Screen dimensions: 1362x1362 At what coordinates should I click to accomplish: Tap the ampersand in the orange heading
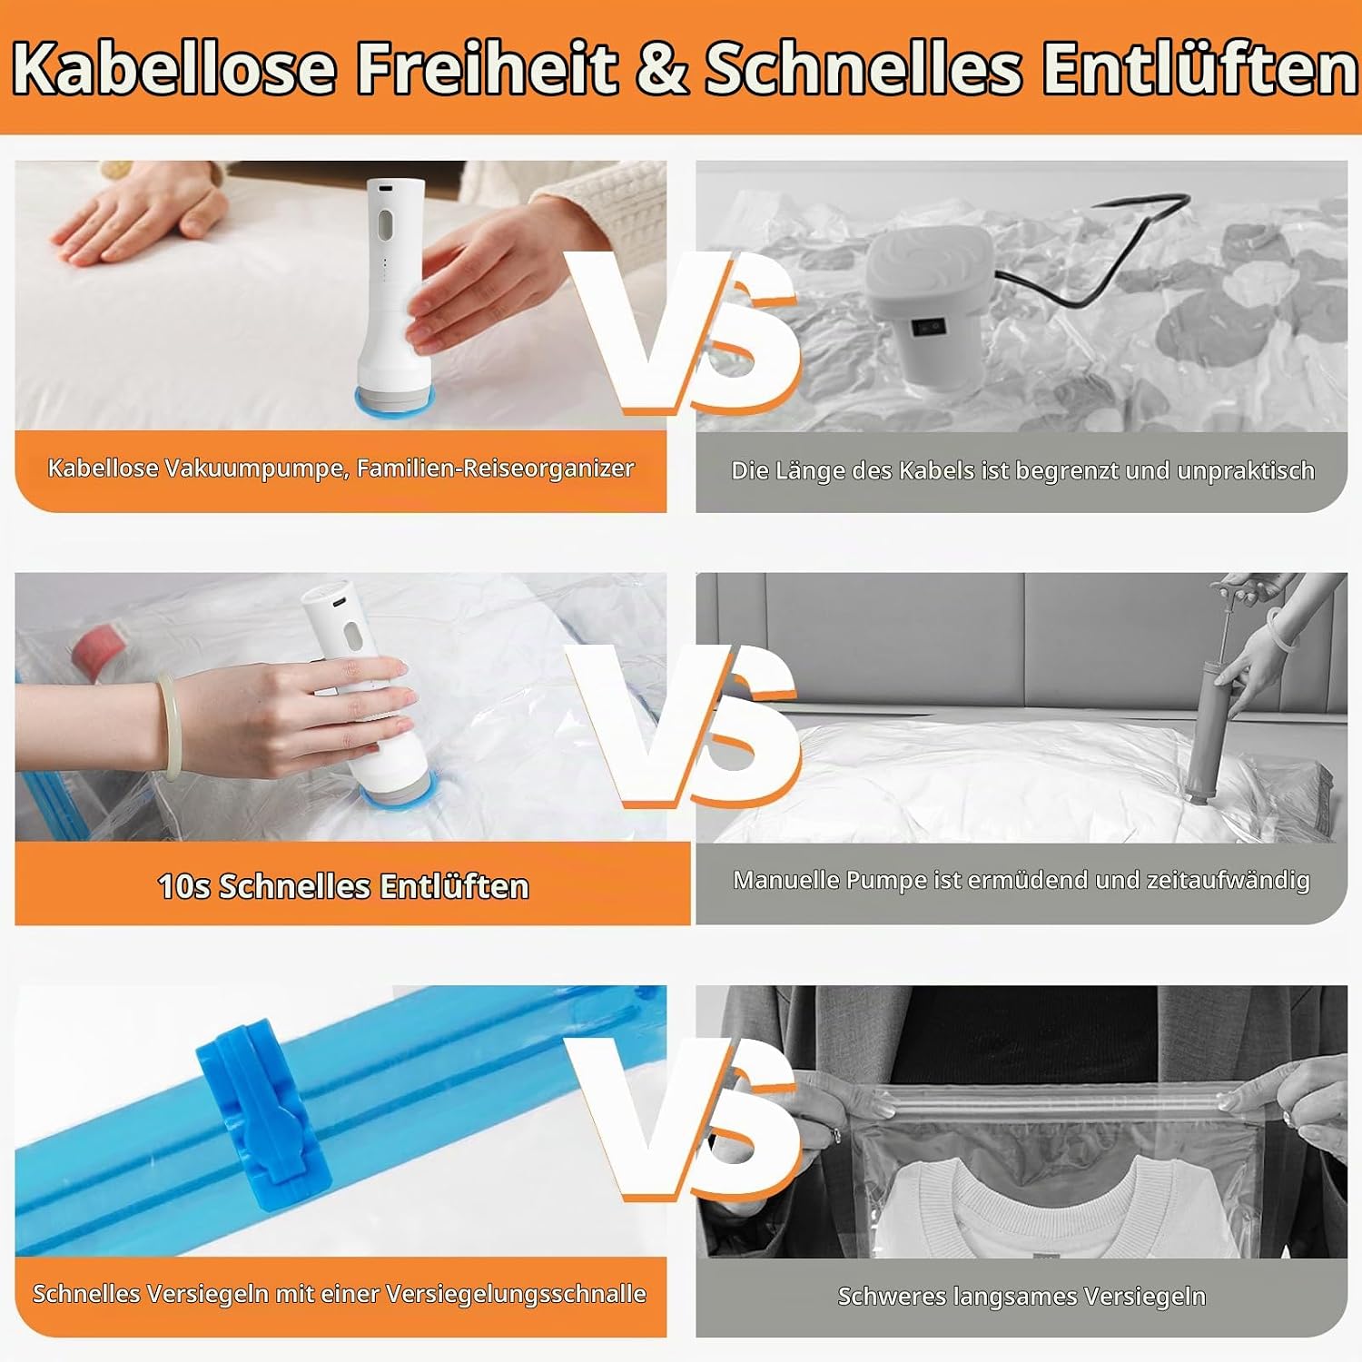[x=662, y=68]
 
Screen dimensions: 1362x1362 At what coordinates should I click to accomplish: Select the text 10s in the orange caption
[x=184, y=886]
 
